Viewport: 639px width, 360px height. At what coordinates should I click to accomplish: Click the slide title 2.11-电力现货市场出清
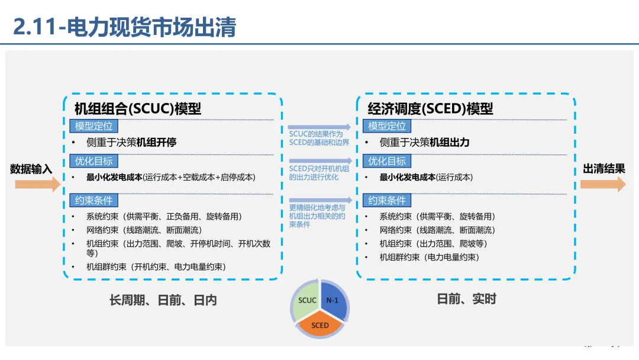click(125, 27)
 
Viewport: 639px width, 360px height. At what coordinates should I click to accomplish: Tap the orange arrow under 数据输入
click(37, 185)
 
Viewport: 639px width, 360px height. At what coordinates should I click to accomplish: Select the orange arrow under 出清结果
click(603, 184)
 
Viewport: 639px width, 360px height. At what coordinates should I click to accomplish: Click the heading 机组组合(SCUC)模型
click(138, 108)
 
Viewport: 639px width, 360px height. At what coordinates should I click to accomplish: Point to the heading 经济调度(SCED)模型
click(430, 108)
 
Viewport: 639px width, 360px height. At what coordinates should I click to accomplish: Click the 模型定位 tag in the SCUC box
click(93, 126)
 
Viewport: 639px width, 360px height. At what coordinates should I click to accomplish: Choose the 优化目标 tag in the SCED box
click(387, 161)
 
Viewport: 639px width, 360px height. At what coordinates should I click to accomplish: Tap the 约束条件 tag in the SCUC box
click(93, 200)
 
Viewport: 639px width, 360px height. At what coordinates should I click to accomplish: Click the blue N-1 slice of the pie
click(334, 300)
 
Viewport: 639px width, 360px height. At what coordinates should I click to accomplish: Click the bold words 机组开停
click(156, 142)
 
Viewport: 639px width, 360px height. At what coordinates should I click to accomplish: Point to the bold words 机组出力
click(450, 142)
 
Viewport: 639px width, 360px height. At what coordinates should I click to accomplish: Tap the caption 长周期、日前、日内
click(163, 300)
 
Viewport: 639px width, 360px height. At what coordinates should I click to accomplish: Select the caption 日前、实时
click(467, 299)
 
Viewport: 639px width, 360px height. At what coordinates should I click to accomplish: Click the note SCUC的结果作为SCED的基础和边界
click(319, 138)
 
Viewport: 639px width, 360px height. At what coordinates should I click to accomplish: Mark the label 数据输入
click(31, 169)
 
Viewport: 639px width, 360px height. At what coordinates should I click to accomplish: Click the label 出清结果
click(604, 168)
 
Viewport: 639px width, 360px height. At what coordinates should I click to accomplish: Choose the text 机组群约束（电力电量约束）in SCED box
click(429, 257)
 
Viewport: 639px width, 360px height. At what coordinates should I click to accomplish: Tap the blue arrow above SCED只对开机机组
click(320, 161)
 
